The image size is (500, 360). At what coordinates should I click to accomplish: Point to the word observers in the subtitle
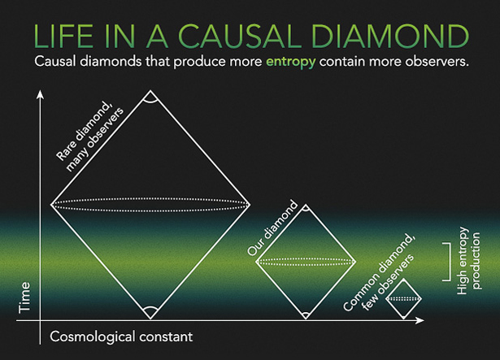434,63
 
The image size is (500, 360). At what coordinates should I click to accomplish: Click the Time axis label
24,298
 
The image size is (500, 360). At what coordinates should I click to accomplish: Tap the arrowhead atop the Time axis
38,98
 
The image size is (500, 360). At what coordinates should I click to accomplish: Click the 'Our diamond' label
273,228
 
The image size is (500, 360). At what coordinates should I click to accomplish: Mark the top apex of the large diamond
149,96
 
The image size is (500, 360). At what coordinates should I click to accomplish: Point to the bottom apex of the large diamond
149,315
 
